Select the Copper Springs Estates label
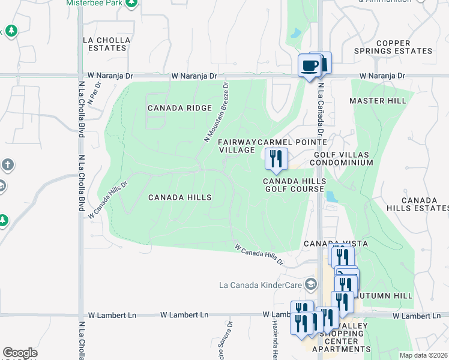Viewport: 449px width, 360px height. point(402,47)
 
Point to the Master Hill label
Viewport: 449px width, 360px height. point(378,101)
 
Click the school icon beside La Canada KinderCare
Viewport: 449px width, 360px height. point(310,283)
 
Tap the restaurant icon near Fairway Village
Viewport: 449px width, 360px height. point(275,159)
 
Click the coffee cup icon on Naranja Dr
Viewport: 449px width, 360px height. point(309,65)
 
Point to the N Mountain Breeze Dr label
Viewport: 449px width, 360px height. point(217,113)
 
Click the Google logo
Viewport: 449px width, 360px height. point(20,353)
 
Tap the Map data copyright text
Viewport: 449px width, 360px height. point(423,355)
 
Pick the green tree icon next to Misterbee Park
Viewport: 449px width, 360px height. point(131,4)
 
